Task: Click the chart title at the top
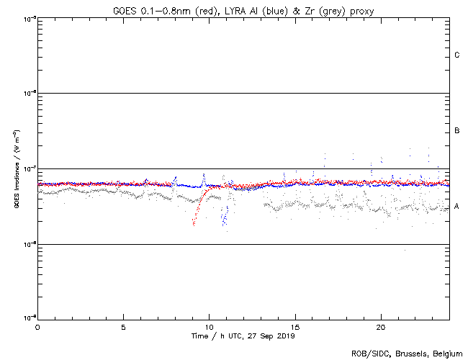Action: [x=243, y=9]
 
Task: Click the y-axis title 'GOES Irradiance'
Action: [x=16, y=168]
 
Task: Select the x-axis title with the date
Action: [x=243, y=336]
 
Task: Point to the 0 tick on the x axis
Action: [x=37, y=326]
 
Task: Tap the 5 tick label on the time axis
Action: [x=123, y=326]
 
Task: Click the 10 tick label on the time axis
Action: [x=209, y=326]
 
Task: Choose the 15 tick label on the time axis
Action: [x=294, y=326]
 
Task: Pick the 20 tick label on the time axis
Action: [x=380, y=326]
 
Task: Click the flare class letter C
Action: [x=457, y=55]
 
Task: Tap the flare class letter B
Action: [x=457, y=131]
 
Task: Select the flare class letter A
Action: [x=457, y=207]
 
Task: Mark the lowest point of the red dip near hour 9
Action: [x=194, y=224]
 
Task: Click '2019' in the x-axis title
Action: [x=286, y=336]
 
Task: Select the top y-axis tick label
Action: [x=30, y=19]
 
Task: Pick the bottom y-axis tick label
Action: [x=30, y=318]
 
